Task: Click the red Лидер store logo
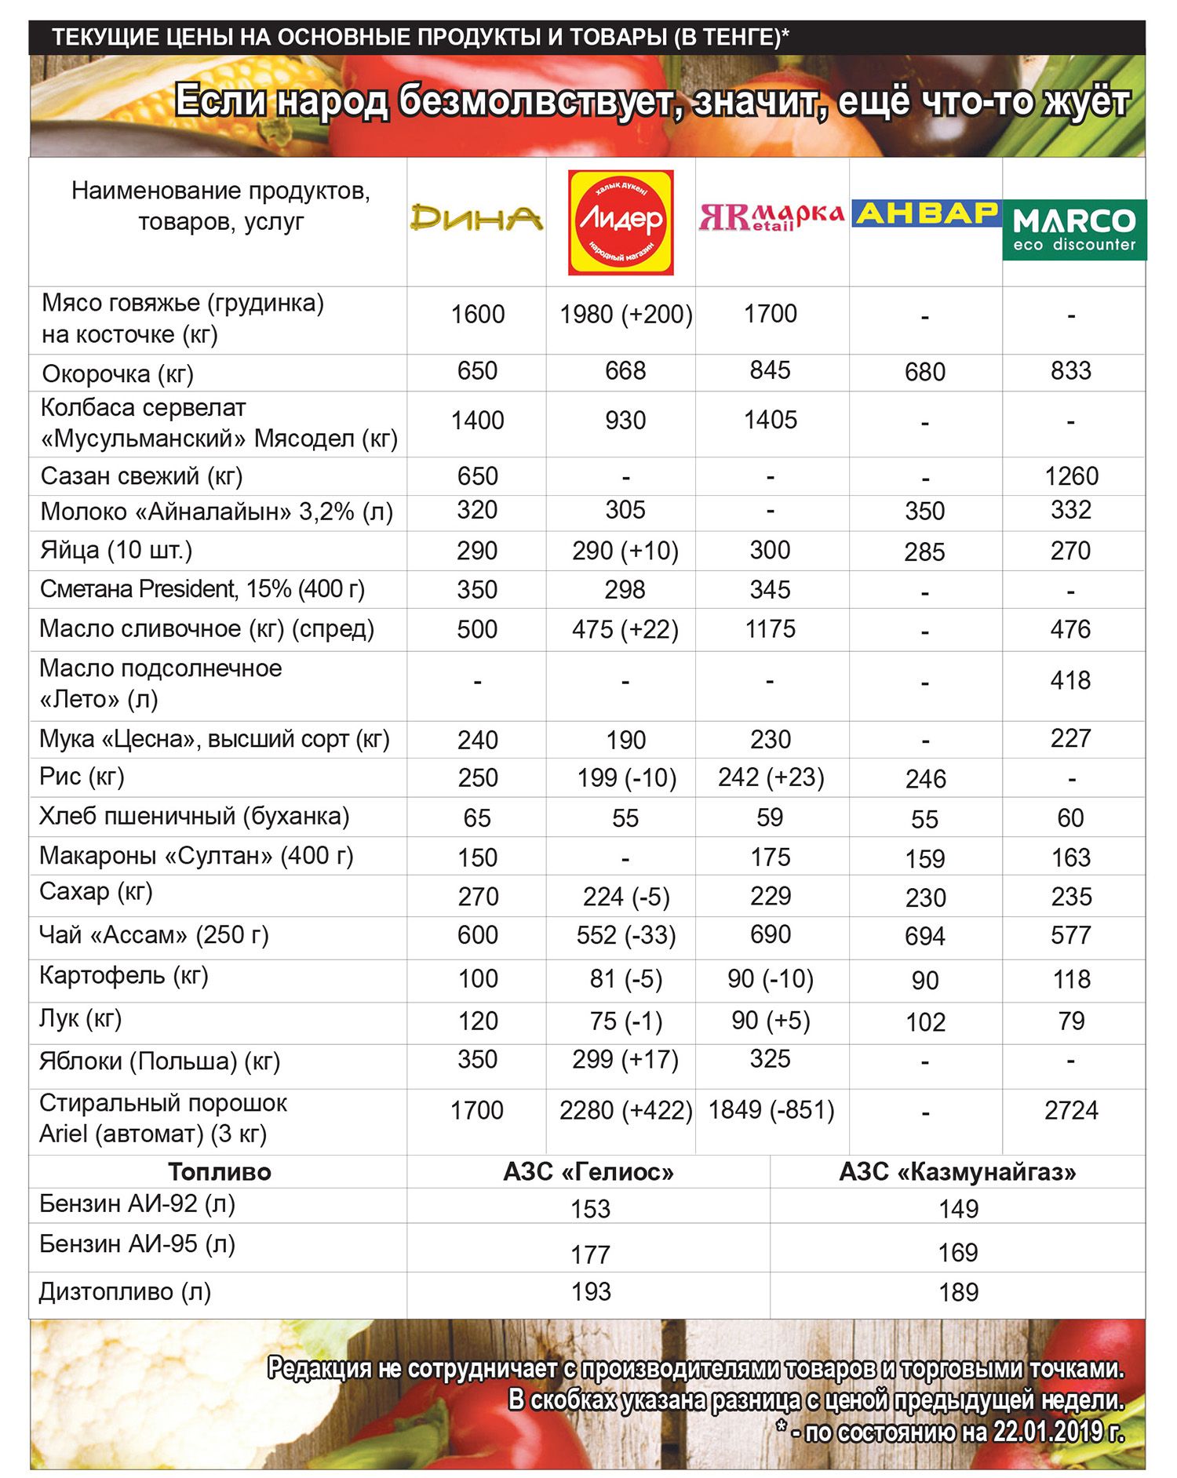pyautogui.click(x=621, y=222)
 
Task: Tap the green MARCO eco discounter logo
pyautogui.click(x=1073, y=229)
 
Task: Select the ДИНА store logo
pyautogui.click(x=476, y=217)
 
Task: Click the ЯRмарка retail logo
pyautogui.click(x=771, y=216)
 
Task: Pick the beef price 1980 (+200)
pyautogui.click(x=625, y=315)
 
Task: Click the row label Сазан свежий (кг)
pyautogui.click(x=141, y=476)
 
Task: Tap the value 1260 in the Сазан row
pyautogui.click(x=1071, y=476)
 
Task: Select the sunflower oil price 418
pyautogui.click(x=1070, y=680)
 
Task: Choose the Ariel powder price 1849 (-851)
pyautogui.click(x=771, y=1110)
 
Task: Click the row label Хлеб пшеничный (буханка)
pyautogui.click(x=194, y=816)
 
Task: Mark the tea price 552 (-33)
pyautogui.click(x=625, y=935)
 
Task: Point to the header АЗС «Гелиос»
pyautogui.click(x=588, y=1171)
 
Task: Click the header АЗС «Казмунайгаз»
pyautogui.click(x=957, y=1171)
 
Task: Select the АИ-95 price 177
pyautogui.click(x=590, y=1254)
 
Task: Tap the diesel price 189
pyautogui.click(x=958, y=1292)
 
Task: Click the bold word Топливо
pyautogui.click(x=219, y=1172)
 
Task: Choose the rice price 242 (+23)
pyautogui.click(x=771, y=777)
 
